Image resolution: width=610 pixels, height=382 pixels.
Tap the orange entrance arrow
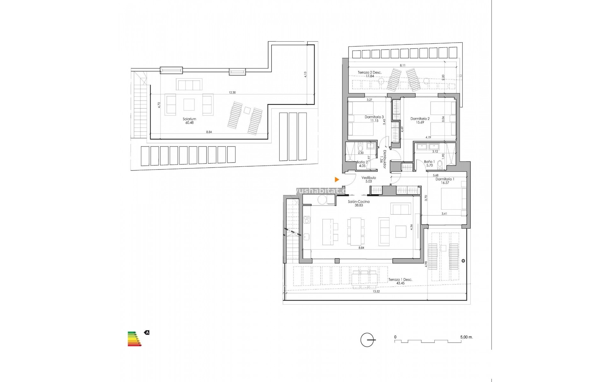tap(337, 180)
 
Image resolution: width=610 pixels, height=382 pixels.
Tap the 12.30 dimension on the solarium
tap(232, 93)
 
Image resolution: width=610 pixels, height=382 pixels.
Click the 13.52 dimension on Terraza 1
tap(376, 291)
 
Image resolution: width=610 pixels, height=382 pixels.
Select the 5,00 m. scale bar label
tap(466, 337)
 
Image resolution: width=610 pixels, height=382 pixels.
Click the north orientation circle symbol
tap(367, 340)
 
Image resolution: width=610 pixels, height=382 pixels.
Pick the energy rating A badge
tap(147, 333)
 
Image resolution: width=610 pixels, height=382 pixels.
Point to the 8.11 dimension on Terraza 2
tap(403, 65)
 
